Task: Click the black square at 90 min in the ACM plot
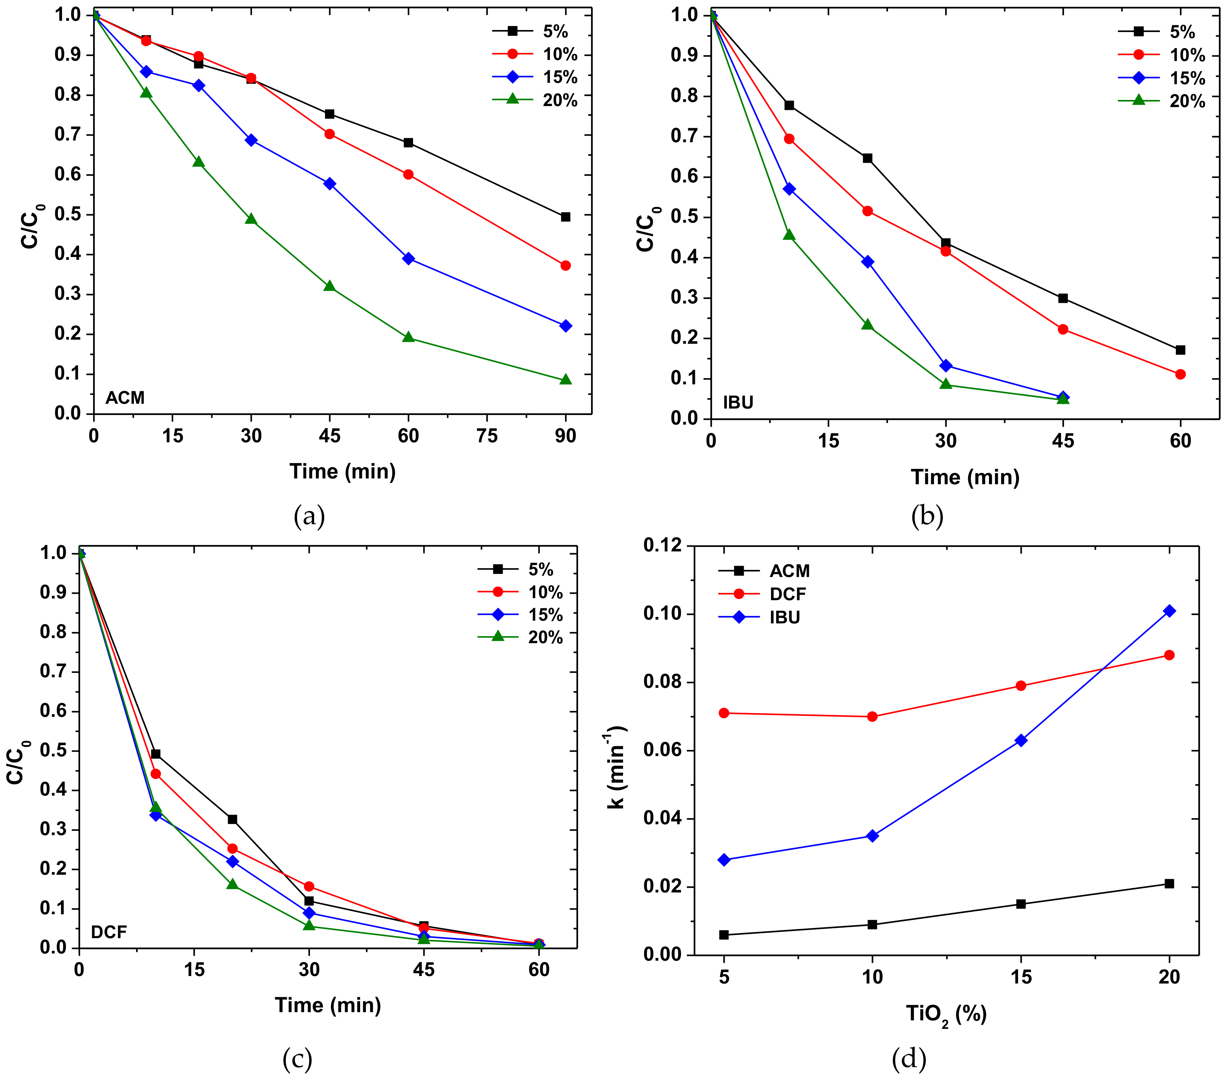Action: tap(565, 217)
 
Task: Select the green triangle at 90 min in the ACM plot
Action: tap(565, 380)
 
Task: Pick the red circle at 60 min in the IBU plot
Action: tap(1180, 374)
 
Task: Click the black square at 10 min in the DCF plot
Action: tap(156, 754)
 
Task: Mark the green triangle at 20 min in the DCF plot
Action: tap(233, 884)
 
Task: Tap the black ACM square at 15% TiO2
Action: tap(1021, 904)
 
